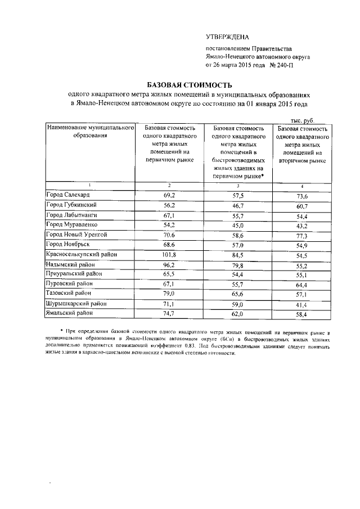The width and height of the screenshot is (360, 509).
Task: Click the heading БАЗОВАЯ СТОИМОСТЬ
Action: click(177, 83)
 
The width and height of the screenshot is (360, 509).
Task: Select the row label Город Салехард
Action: click(68, 195)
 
